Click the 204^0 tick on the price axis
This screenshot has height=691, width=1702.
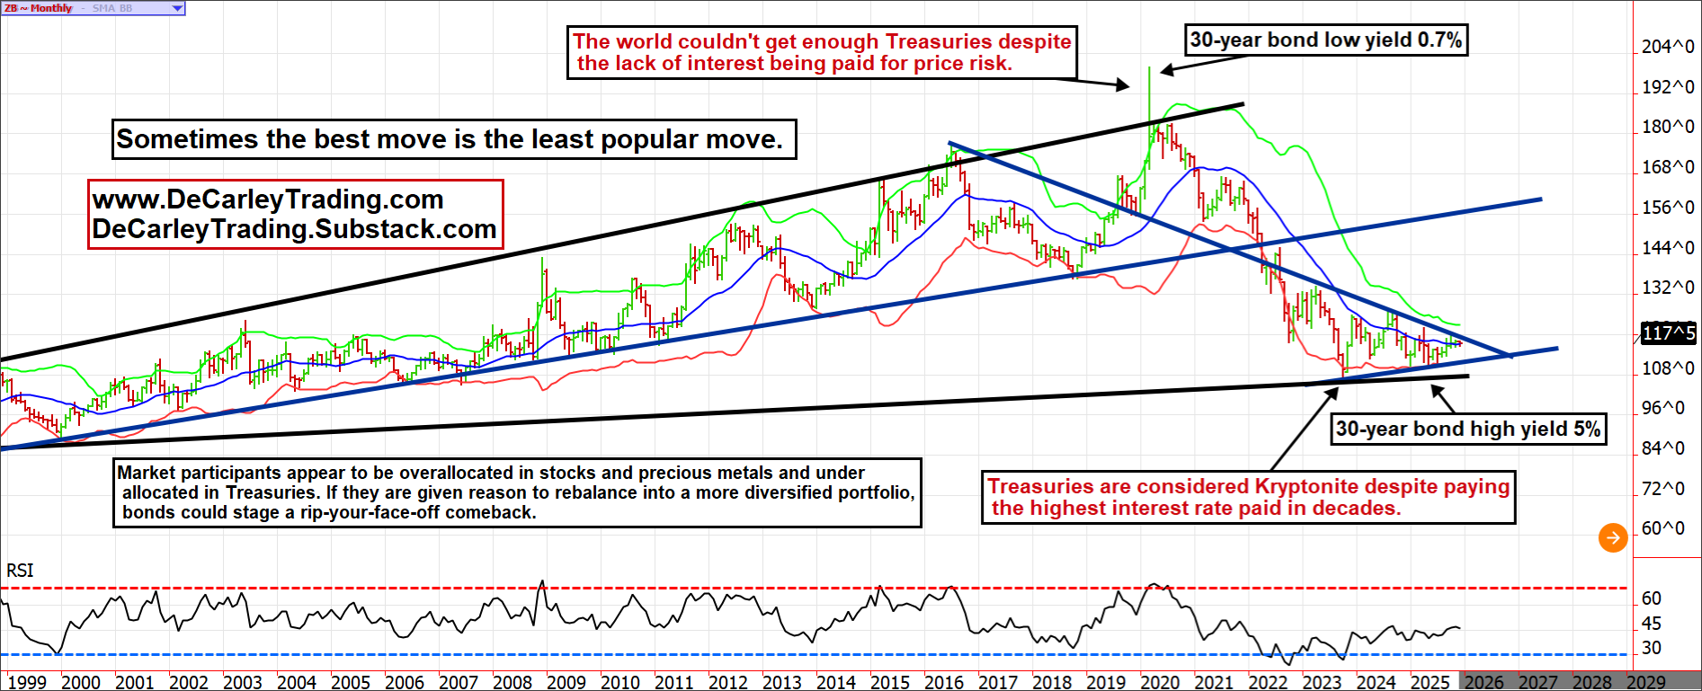pos(1668,47)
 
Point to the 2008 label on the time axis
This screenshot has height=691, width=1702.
pos(512,682)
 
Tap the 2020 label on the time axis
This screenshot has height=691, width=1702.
pos(1160,682)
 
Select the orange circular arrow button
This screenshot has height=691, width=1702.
pos(1613,537)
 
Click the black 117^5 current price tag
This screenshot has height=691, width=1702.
pos(1668,333)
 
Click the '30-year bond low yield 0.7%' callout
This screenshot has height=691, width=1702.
pos(1326,40)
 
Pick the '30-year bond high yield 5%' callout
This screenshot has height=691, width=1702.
pos(1467,429)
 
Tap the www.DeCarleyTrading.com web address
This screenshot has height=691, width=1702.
pos(268,199)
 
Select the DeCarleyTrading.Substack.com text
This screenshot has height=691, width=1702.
pos(294,229)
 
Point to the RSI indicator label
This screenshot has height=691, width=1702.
pos(20,571)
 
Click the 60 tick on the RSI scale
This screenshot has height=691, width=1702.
pos(1652,598)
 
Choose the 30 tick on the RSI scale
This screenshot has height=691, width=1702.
pos(1652,648)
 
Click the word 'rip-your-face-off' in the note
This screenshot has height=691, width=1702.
pos(362,512)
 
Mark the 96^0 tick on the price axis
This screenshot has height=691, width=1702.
pos(1668,408)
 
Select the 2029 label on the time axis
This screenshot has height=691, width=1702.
pos(1645,682)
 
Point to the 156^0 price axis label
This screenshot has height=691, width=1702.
pos(1668,208)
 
